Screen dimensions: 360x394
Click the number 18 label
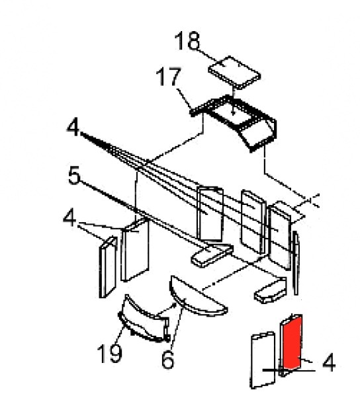[x=187, y=41]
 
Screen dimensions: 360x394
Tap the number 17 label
[x=169, y=77]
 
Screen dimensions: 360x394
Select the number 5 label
[x=75, y=175]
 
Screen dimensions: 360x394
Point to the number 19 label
[x=109, y=353]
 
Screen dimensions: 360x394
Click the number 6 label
[x=167, y=360]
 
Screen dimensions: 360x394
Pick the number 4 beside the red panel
[x=329, y=362]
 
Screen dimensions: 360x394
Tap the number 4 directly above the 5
[x=73, y=128]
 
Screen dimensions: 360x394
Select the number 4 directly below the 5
[x=69, y=218]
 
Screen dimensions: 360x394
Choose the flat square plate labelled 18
[x=234, y=73]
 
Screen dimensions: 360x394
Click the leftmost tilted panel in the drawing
[x=108, y=267]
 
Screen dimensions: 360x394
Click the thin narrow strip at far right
[x=296, y=263]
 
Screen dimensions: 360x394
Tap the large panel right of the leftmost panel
[x=135, y=250]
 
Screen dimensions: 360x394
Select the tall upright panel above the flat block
[x=210, y=214]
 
